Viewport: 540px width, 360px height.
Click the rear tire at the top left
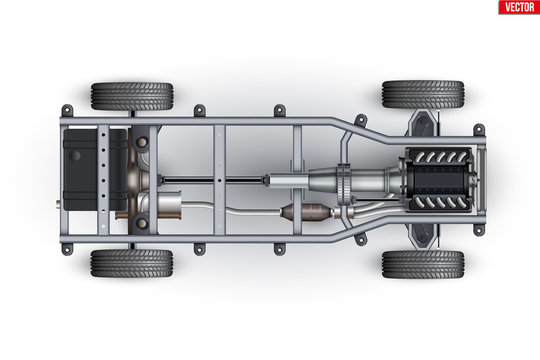(x=131, y=96)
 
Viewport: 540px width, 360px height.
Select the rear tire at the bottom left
(x=131, y=263)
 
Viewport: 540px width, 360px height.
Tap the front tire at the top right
(x=422, y=95)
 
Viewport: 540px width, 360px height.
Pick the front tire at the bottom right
(x=422, y=264)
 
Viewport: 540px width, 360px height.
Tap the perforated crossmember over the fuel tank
(x=101, y=180)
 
